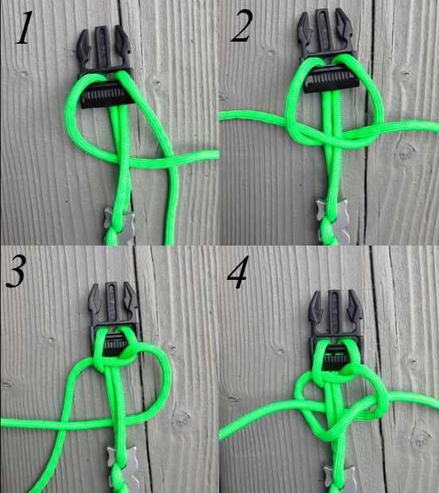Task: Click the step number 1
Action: (24, 27)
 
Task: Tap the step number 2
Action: (242, 25)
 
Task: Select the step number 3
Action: (15, 271)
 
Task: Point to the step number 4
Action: (238, 272)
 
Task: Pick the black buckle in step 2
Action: (327, 50)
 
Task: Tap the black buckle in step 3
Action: (113, 317)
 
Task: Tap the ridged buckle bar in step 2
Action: (331, 81)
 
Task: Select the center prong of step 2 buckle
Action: (323, 30)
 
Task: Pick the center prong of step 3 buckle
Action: (112, 301)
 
